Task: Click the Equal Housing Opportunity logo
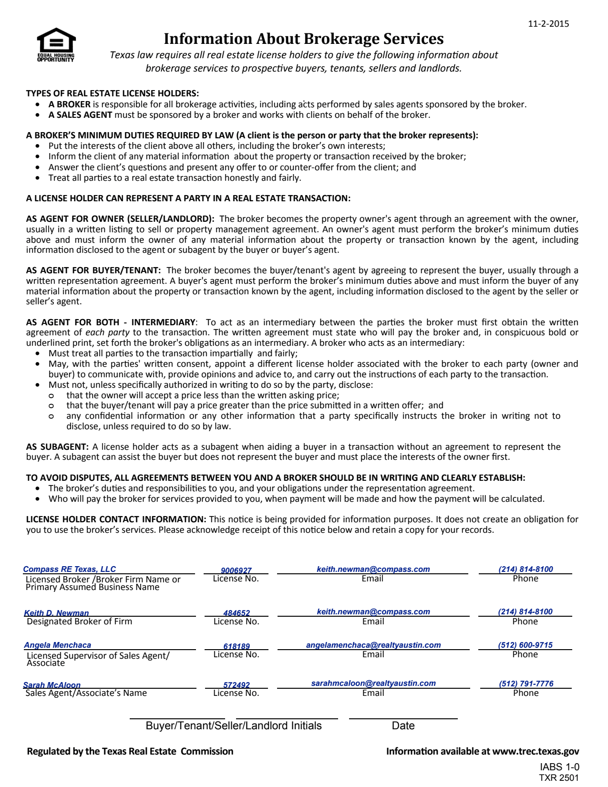tap(56, 44)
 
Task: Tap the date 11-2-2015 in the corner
tap(548, 24)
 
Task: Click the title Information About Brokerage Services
tap(304, 39)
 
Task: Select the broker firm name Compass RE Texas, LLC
tap(70, 569)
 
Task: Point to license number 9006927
tap(236, 570)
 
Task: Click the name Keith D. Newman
tap(56, 613)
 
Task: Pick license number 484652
tap(237, 613)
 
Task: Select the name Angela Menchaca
tap(58, 645)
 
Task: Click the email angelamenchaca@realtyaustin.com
tap(373, 645)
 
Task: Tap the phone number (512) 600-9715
tap(526, 645)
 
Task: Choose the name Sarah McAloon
tap(52, 685)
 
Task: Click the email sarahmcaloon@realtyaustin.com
tap(373, 683)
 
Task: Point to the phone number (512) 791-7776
tap(526, 683)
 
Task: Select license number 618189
tap(237, 646)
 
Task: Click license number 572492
tap(237, 685)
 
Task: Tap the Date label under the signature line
tap(403, 725)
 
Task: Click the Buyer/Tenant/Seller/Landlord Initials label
tap(234, 725)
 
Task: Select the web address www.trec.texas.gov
tap(536, 751)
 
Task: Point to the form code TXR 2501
tap(558, 778)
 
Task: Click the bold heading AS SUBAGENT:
tap(57, 447)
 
